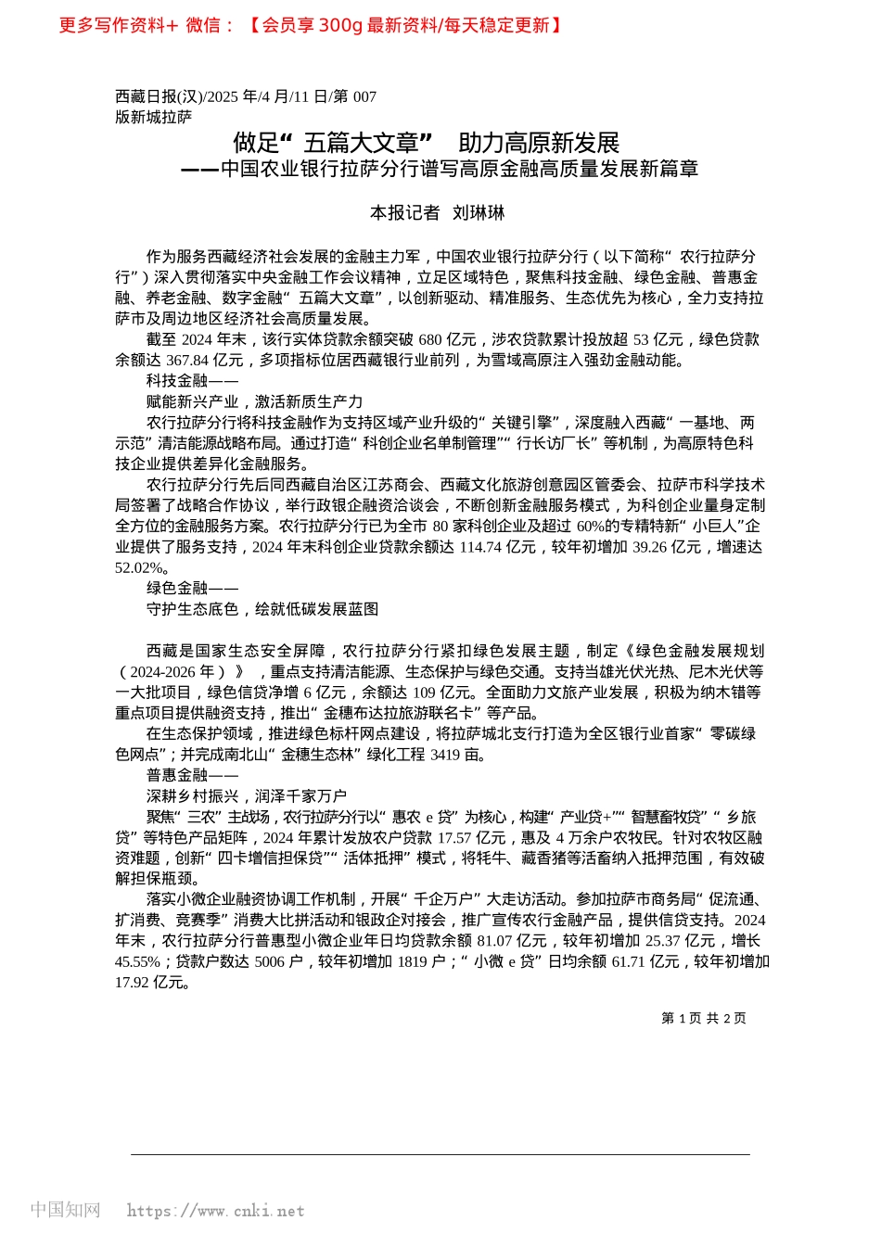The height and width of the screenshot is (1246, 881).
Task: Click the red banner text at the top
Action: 311,25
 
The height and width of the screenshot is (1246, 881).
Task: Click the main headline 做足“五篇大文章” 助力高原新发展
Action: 426,143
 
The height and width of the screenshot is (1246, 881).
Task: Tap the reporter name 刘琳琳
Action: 479,213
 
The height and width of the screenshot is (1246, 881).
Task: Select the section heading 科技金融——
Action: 192,381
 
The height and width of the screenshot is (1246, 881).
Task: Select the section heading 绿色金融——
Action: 192,589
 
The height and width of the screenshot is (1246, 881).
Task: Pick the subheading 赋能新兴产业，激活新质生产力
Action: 254,401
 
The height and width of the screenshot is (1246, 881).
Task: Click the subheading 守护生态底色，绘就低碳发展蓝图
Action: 262,609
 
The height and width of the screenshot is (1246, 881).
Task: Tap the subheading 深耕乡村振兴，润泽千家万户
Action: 247,796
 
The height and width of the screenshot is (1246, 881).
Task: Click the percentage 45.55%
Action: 137,962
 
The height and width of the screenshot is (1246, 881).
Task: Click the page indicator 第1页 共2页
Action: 703,1018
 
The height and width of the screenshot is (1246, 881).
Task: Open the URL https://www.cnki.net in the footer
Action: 215,1211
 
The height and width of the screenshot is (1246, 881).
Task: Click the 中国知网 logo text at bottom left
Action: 65,1210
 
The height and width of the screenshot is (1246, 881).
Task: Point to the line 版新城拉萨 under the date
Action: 154,117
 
